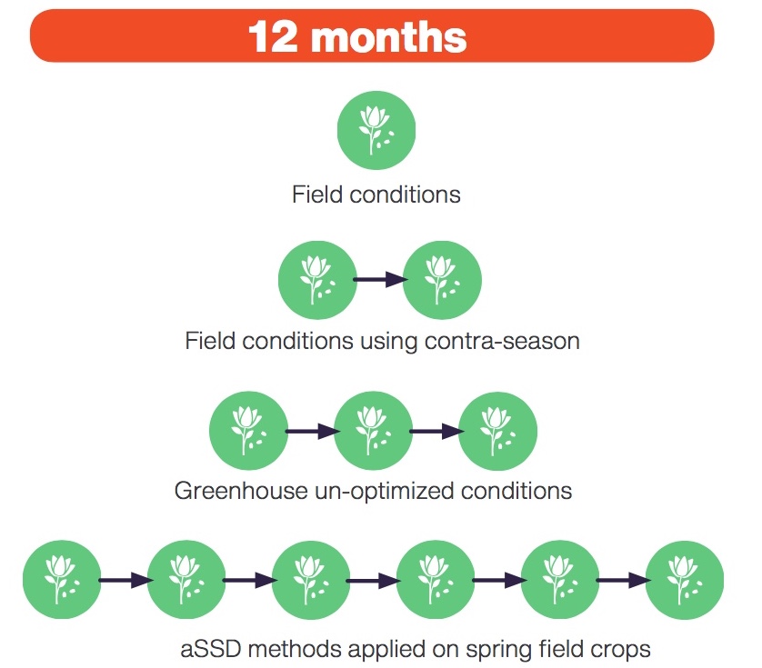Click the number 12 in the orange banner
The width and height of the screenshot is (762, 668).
click(273, 36)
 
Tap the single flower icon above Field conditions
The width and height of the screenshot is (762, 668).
click(376, 130)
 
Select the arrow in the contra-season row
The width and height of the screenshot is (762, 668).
click(380, 279)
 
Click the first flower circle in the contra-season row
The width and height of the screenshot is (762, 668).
click(317, 280)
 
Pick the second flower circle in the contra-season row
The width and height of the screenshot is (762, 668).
click(442, 280)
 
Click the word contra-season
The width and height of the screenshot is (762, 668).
click(502, 341)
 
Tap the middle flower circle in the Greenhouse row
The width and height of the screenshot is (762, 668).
click(373, 431)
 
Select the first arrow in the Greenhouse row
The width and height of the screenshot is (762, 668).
click(312, 431)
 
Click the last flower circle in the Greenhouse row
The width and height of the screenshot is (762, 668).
click(497, 431)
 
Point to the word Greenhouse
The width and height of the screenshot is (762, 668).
click(241, 491)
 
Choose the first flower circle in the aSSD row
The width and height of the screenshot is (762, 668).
click(62, 580)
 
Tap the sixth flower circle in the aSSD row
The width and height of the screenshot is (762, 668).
click(684, 580)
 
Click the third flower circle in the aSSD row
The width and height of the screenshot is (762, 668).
click(311, 580)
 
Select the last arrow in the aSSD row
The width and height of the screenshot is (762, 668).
click(624, 580)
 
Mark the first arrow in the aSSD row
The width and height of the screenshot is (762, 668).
click(125, 580)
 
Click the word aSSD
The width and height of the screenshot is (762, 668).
click(211, 649)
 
